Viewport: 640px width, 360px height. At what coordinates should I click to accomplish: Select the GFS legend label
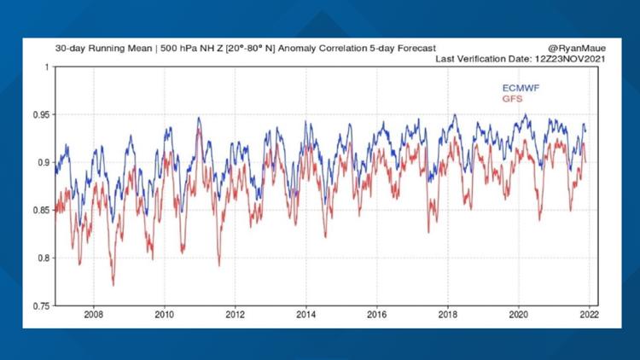point(512,100)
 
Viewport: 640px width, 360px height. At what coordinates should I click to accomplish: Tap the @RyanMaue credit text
point(569,49)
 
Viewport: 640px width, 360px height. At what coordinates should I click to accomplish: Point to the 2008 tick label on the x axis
point(94,315)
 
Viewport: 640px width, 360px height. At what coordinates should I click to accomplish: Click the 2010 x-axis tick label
point(165,315)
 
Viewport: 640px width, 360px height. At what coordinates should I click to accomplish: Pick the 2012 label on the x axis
point(236,315)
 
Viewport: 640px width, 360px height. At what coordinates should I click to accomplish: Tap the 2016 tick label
point(376,315)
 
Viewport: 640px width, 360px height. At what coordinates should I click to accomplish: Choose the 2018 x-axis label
point(447,315)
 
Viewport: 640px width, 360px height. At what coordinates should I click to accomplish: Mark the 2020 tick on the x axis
point(518,315)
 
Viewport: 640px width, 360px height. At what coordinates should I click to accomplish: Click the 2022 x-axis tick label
point(588,315)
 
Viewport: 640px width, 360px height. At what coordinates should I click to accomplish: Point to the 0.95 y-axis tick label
point(38,114)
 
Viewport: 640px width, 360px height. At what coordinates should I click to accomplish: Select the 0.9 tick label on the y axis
point(41,162)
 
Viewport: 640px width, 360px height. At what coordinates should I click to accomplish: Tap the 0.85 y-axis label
point(38,211)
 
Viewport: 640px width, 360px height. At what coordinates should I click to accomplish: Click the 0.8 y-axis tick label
point(41,258)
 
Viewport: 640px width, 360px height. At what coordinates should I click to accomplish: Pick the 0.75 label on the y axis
point(38,305)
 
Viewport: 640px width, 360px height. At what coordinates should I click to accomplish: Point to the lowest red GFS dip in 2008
point(113,284)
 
